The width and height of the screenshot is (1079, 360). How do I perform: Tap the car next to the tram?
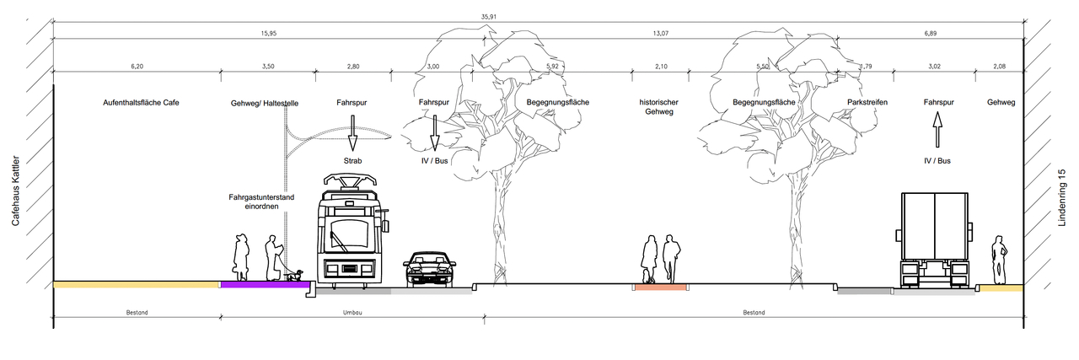click(x=430, y=268)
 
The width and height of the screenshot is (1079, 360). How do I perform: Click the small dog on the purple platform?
click(x=294, y=275)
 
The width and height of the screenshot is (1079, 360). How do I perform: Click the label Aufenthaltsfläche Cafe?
click(x=142, y=103)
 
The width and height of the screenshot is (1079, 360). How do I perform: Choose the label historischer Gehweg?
click(x=659, y=107)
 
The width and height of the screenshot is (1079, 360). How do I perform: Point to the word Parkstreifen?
click(x=867, y=103)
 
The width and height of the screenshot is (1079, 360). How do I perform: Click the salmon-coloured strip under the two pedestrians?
click(x=661, y=287)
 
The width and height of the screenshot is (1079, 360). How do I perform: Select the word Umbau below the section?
click(x=352, y=313)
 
